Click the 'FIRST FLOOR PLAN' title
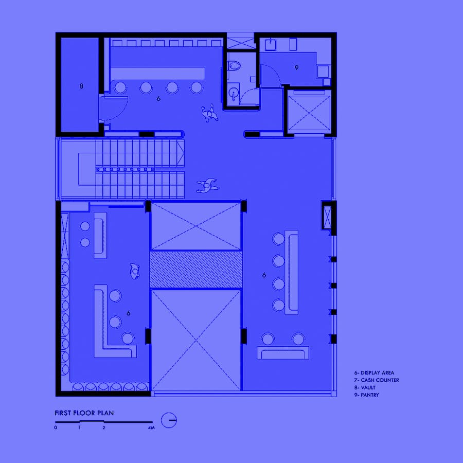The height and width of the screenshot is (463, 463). point(84,413)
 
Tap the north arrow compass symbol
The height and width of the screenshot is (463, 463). point(169,420)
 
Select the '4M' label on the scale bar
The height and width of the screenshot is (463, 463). point(151,428)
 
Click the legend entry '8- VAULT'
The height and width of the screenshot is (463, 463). point(365,387)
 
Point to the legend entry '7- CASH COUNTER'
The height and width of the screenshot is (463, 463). point(377,380)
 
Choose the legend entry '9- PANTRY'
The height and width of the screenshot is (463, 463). point(366,395)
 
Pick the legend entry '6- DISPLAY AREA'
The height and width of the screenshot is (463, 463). point(374,372)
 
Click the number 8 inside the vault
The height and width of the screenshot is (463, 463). point(81,86)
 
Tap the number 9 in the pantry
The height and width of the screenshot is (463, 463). point(297,67)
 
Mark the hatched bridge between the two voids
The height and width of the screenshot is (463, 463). point(196,269)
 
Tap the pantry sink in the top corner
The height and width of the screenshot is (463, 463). point(270,45)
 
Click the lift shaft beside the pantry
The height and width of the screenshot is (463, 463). point(309,113)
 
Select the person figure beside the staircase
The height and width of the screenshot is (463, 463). point(208,185)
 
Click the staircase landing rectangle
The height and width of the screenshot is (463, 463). point(87,169)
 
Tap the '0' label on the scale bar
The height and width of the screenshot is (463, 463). point(56,428)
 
